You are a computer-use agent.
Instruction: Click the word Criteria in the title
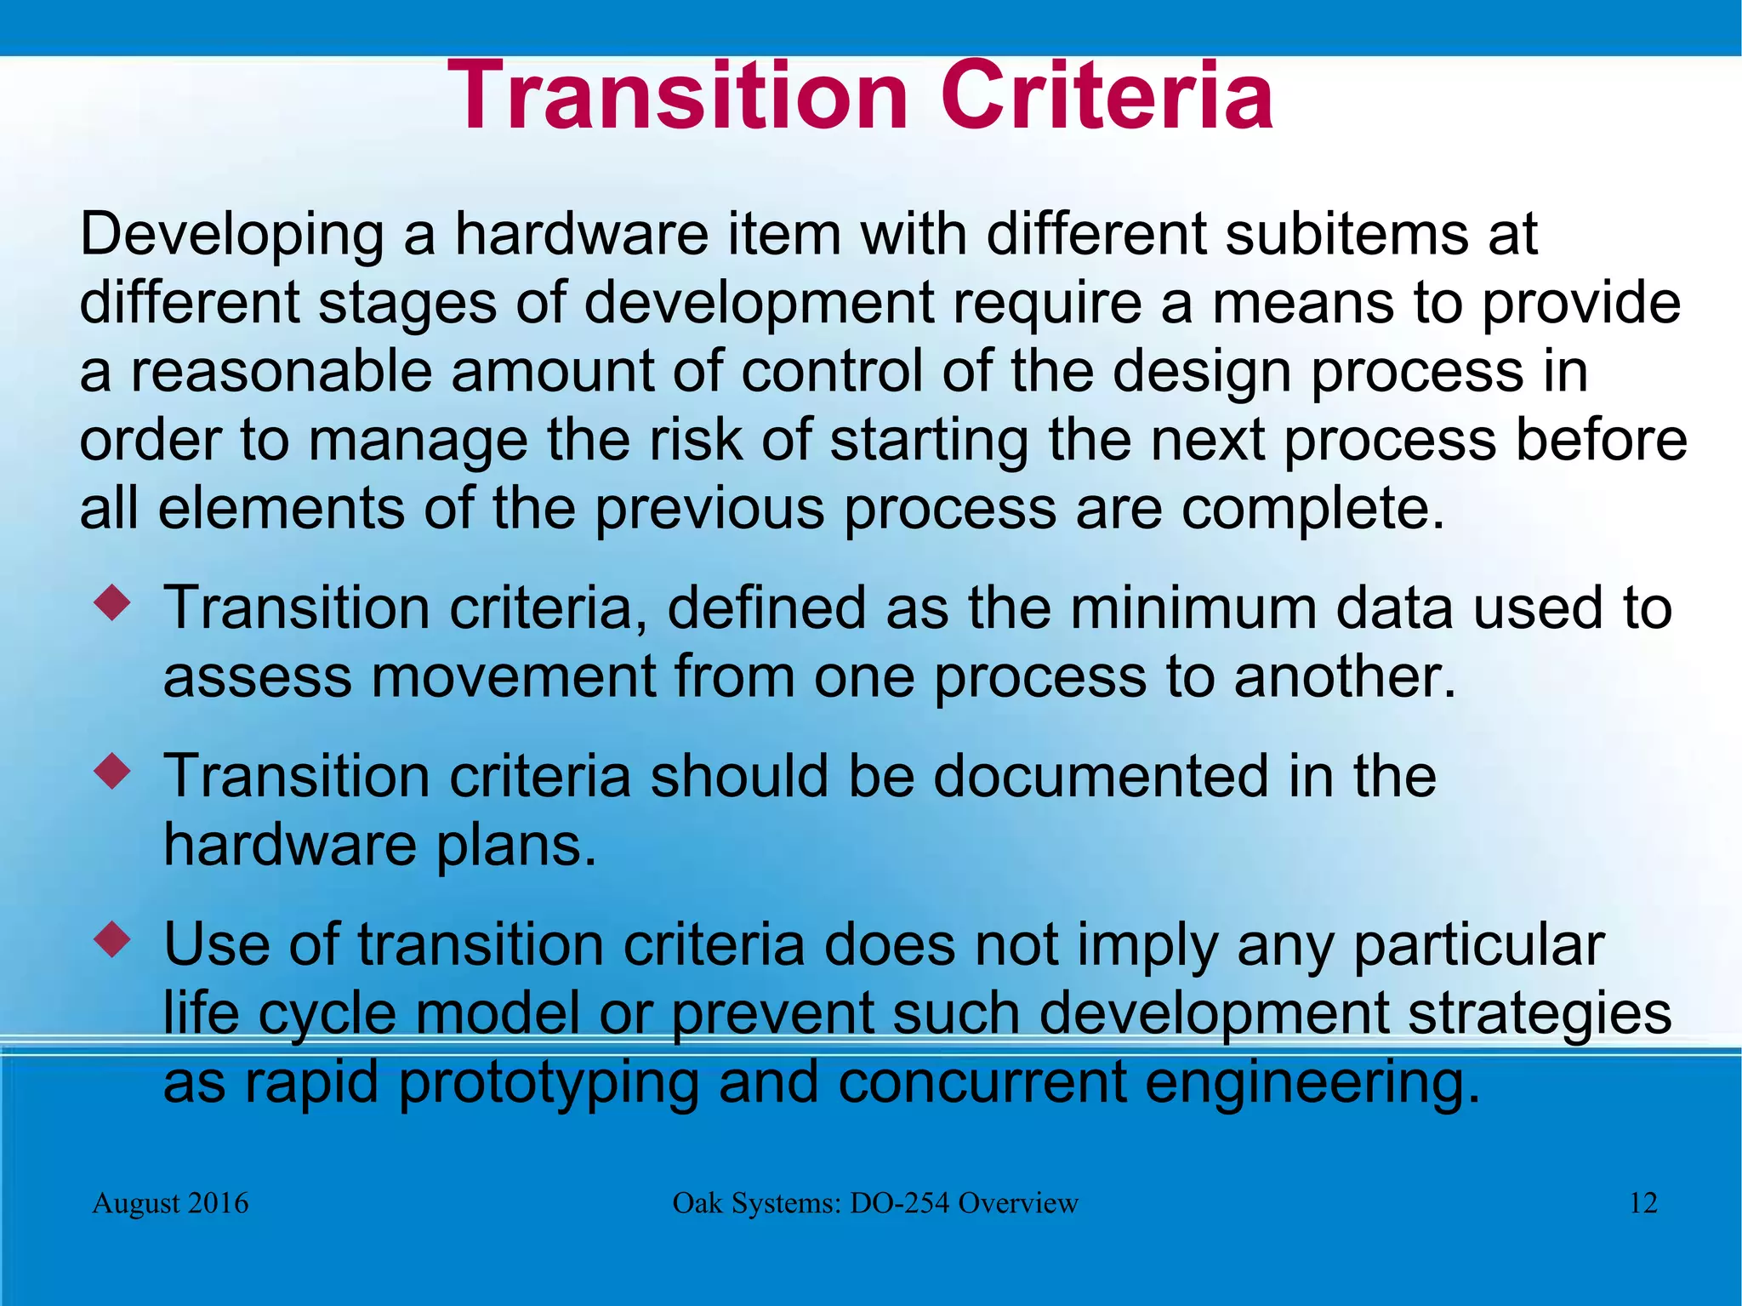tap(1106, 95)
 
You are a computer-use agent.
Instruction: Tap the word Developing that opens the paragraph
tap(231, 236)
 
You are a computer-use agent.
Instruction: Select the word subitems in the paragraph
tap(1346, 234)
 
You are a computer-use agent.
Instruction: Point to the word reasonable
tap(281, 372)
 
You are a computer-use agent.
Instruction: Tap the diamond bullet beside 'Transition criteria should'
tap(113, 772)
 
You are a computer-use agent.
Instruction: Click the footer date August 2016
tap(170, 1203)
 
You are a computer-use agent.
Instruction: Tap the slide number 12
tap(1643, 1203)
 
